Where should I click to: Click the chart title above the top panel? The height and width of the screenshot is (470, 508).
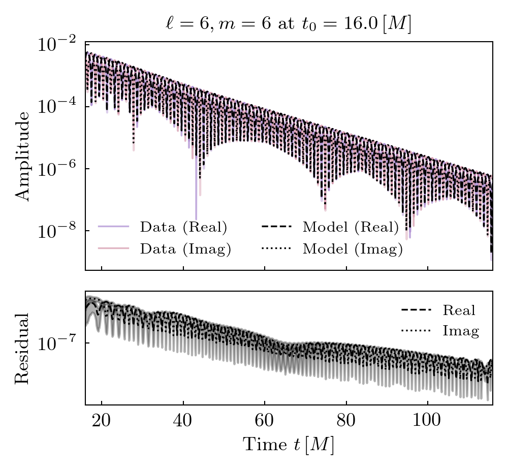(x=288, y=24)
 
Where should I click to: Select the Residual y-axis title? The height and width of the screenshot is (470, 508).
(x=22, y=348)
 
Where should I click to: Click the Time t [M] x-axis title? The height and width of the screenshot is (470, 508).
(x=288, y=445)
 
